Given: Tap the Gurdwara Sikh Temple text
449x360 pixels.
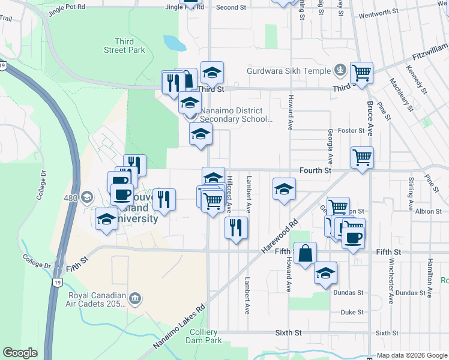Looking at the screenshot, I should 289,70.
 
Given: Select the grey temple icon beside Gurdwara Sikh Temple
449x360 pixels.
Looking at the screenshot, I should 340,70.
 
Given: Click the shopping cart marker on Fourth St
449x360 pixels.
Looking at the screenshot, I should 362,159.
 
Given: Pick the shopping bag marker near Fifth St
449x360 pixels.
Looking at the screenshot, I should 305,254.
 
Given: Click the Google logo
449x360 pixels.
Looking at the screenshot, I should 20,353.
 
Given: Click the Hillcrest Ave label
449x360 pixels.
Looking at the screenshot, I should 229,195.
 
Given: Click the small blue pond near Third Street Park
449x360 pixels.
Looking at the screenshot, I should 174,43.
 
